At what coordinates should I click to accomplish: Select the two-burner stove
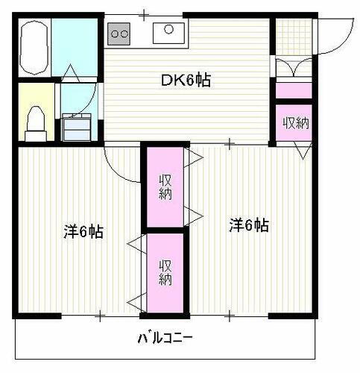[119, 32]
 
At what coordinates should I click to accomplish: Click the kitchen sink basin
[168, 32]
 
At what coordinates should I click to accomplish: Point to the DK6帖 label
[186, 80]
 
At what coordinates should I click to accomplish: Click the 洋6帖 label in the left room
[82, 232]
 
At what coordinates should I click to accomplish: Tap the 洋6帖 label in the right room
[248, 224]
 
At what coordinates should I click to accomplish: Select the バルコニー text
[165, 338]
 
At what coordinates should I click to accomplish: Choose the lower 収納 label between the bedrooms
[165, 272]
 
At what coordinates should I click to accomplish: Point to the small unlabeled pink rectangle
[294, 90]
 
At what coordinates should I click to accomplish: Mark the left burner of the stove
[114, 32]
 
